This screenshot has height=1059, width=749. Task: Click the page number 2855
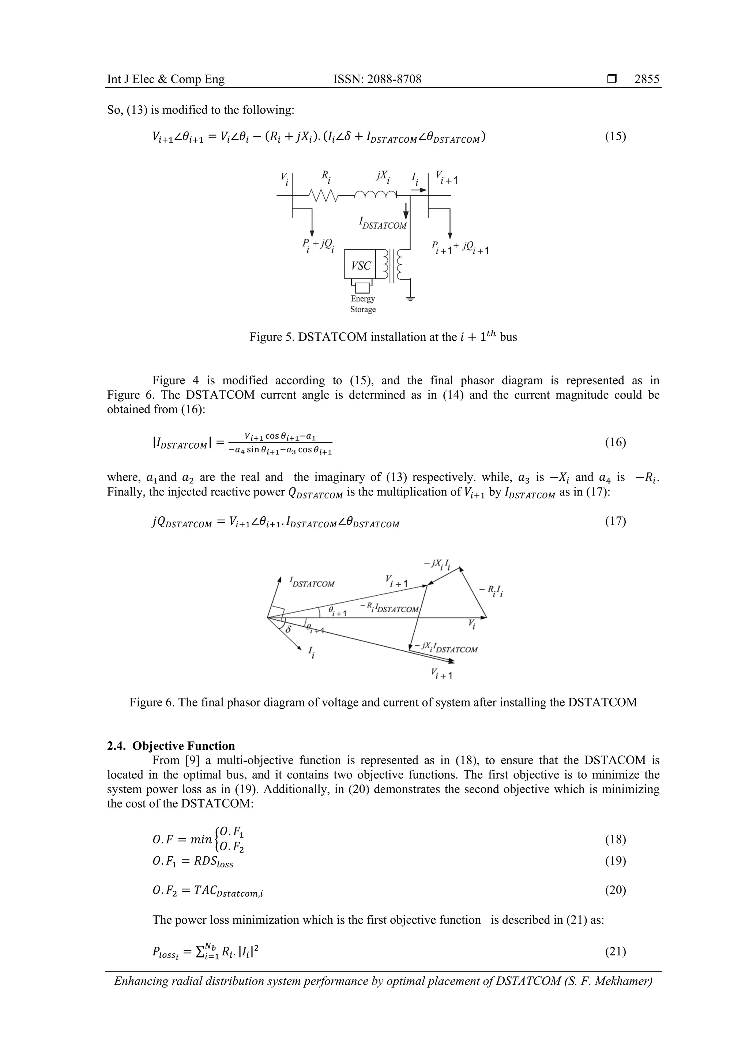647,79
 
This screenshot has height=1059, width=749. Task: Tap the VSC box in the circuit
361,266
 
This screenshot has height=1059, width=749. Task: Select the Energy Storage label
363,304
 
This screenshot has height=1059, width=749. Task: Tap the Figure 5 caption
383,337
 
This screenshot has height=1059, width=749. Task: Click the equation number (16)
615,443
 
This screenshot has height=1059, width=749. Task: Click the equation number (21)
615,951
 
